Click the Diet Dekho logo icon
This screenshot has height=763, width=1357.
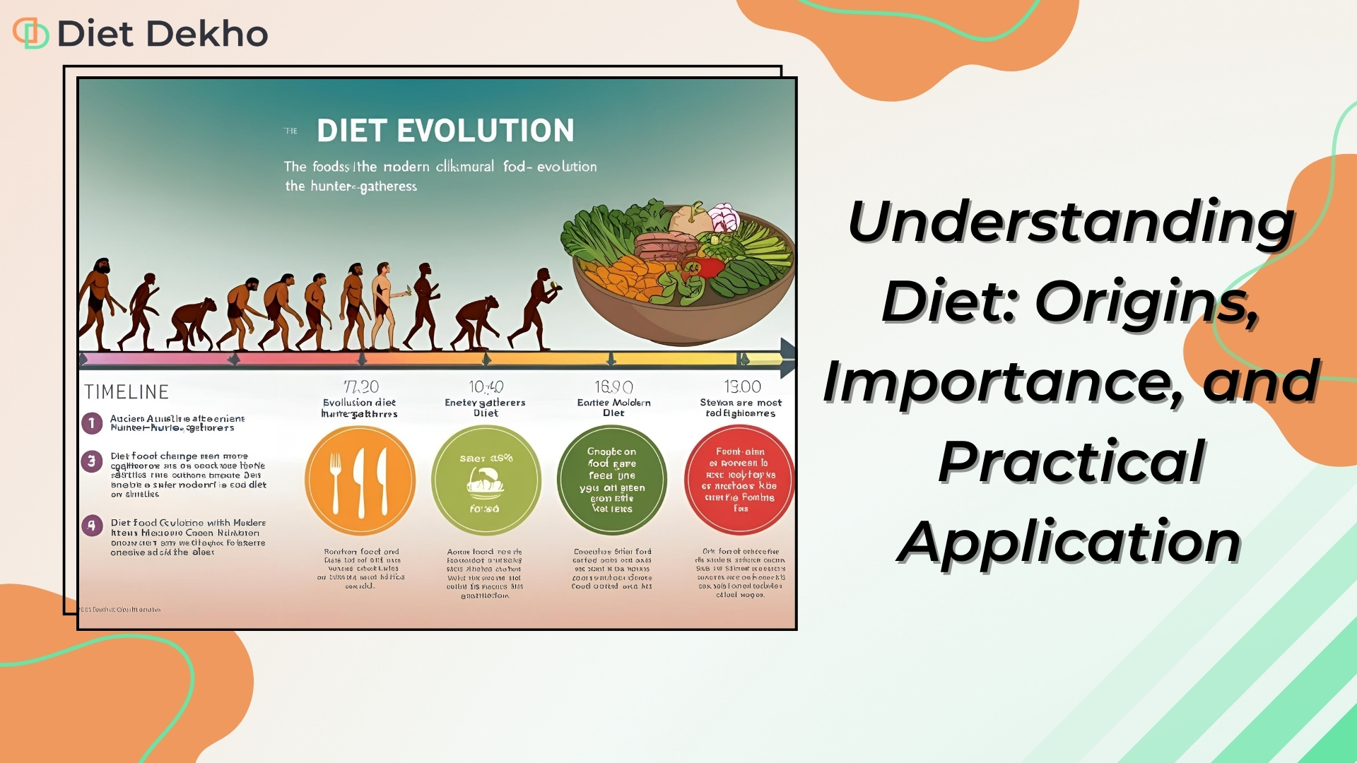(30, 33)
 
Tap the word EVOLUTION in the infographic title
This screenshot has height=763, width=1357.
(486, 131)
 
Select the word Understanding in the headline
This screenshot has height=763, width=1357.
(1071, 221)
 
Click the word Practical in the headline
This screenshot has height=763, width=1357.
(1071, 461)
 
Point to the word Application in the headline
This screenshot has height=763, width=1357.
(1069, 542)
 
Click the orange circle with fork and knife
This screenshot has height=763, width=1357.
(360, 480)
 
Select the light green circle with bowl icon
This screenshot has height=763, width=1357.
(486, 480)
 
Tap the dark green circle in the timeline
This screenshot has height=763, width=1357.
(612, 480)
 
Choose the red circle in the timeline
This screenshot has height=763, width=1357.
(739, 480)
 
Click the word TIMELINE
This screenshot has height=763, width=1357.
(127, 392)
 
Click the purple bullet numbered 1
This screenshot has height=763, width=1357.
(92, 423)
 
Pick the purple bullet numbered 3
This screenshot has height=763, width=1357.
(92, 462)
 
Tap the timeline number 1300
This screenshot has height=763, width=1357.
(742, 386)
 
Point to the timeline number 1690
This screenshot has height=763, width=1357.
(613, 386)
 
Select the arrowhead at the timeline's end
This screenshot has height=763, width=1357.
(787, 357)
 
